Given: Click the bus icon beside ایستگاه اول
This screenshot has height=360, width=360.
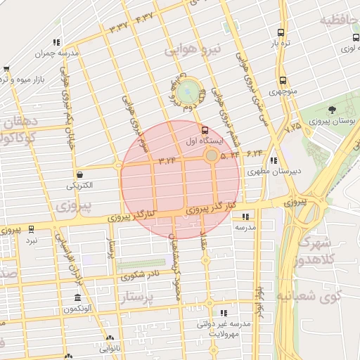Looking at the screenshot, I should point(205,130).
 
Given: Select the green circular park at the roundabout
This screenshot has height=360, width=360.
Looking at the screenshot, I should point(187,92).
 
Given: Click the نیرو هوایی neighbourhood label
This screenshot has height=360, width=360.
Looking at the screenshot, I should point(193,50).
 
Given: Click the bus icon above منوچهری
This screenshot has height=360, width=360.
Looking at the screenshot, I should point(283,81).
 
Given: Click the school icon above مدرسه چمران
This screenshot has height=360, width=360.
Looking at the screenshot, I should point(56,42).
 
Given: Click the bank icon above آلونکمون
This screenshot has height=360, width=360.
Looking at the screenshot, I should point(77,298).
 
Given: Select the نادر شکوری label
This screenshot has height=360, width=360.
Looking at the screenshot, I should point(141,274).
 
